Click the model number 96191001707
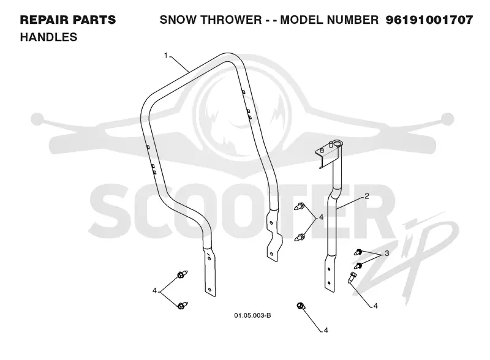pyautogui.click(x=429, y=20)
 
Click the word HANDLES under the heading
pyautogui.click(x=48, y=37)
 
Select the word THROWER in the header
pyautogui.click(x=231, y=20)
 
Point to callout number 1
pyautogui.click(x=166, y=56)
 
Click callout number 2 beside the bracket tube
pyautogui.click(x=367, y=196)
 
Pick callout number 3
pyautogui.click(x=387, y=253)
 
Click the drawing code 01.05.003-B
pyautogui.click(x=252, y=316)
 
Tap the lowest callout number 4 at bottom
pyautogui.click(x=326, y=331)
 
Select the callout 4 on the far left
pyautogui.click(x=154, y=291)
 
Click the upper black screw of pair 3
pyautogui.click(x=358, y=252)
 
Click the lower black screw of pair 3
pyautogui.click(x=358, y=266)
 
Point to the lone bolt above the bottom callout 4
pyautogui.click(x=301, y=306)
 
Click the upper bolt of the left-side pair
pyautogui.click(x=182, y=275)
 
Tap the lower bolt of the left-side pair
pyautogui.click(x=182, y=305)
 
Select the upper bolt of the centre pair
pyautogui.click(x=300, y=206)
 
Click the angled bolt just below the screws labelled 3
pyautogui.click(x=352, y=277)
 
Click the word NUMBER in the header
pyautogui.click(x=353, y=20)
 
